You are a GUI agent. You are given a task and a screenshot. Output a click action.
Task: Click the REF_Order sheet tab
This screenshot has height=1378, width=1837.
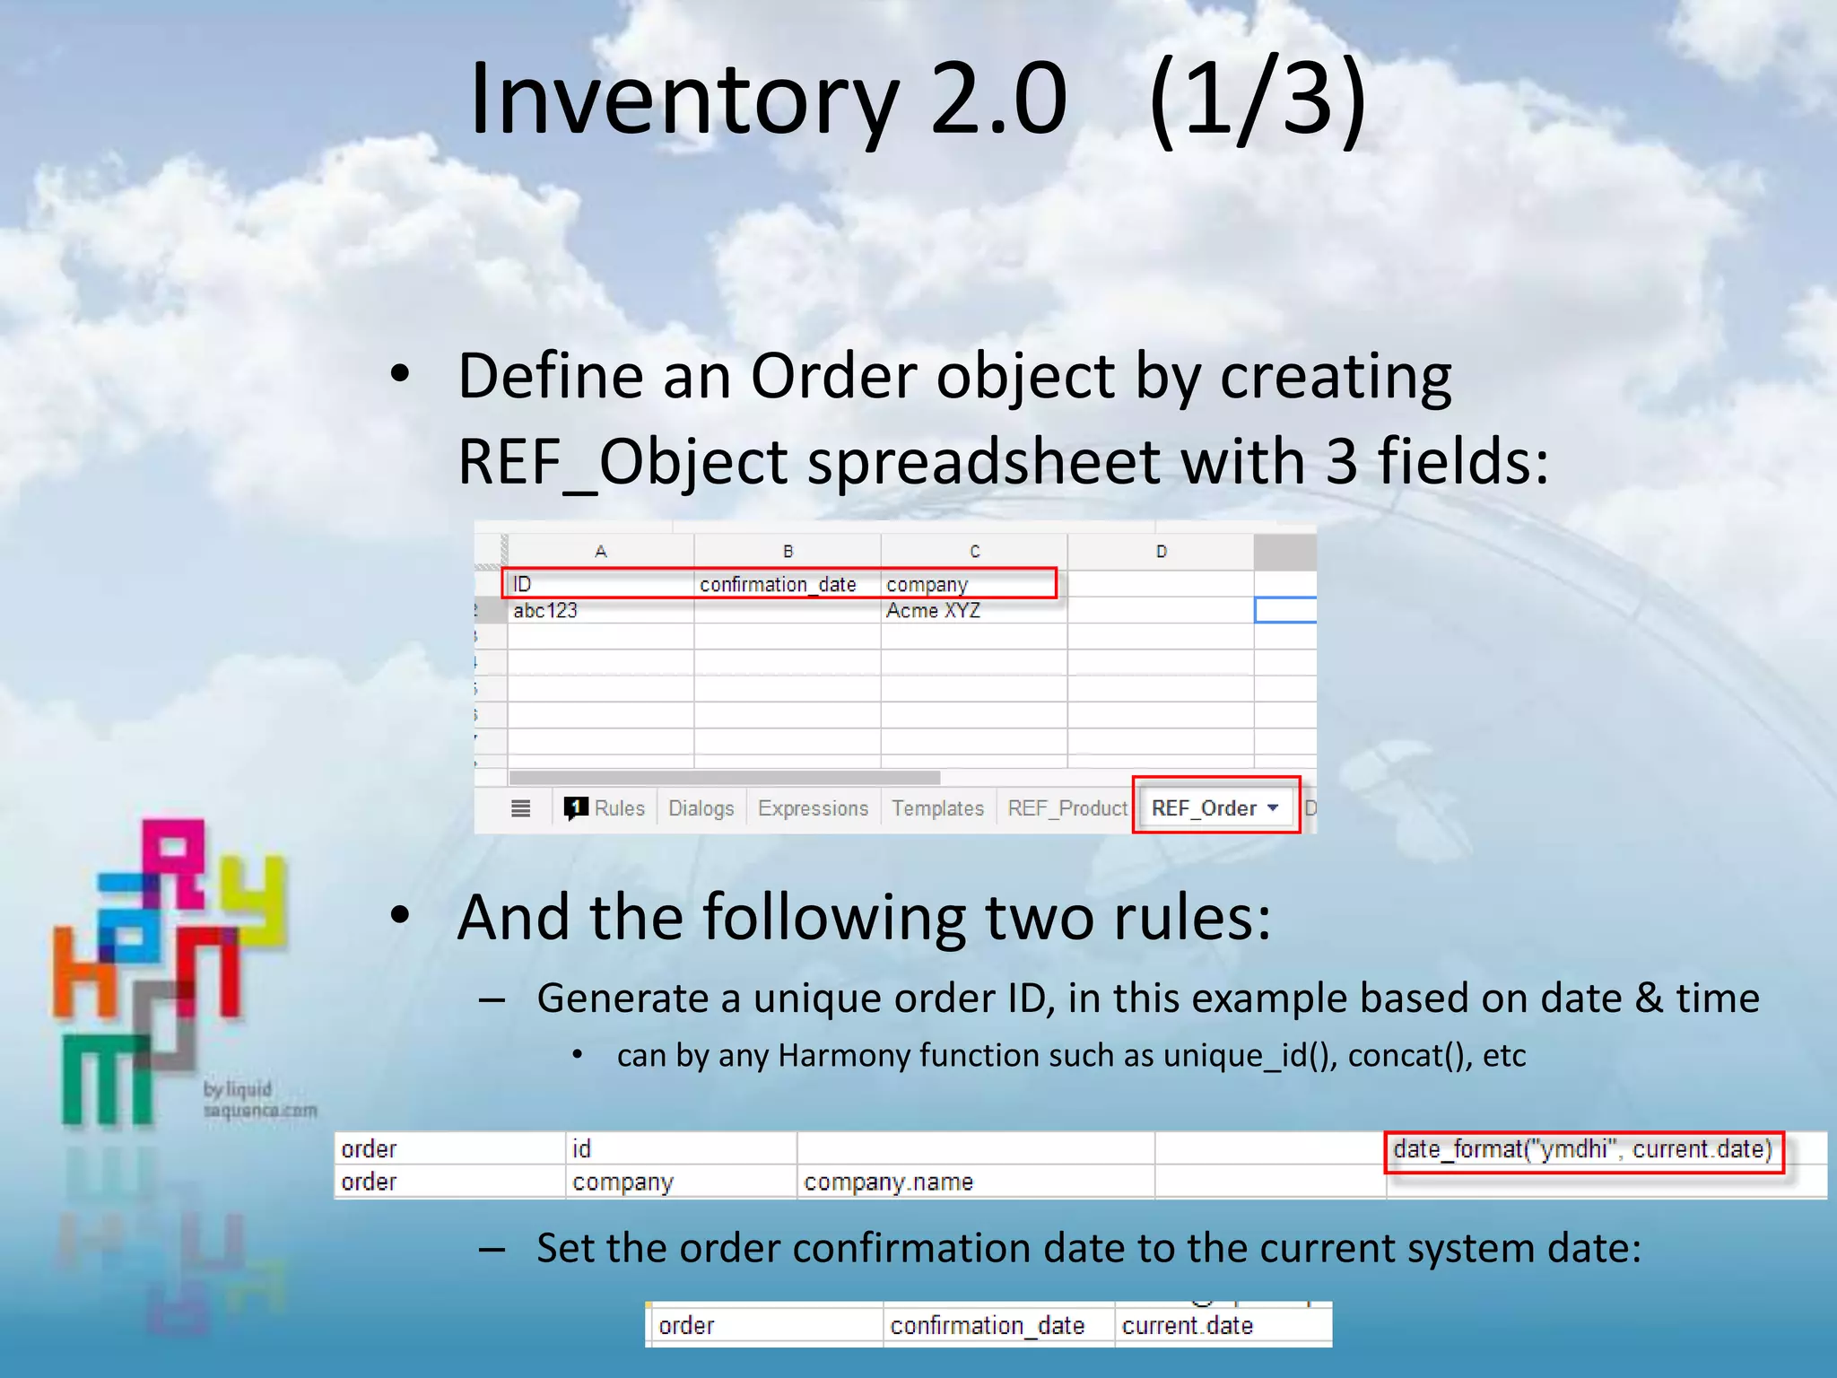[1204, 808]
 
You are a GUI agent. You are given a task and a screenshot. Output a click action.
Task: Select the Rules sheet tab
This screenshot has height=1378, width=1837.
[618, 808]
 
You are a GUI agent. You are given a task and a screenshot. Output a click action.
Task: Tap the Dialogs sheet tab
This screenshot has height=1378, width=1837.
[701, 808]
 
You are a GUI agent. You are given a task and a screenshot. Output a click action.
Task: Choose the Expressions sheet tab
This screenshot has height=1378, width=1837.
[813, 808]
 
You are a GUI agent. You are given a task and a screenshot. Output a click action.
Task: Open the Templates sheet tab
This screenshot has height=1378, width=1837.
[937, 808]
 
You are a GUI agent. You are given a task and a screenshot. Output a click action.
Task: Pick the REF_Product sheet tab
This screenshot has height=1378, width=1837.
[1067, 808]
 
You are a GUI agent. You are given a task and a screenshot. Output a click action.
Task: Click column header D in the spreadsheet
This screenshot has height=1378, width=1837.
[1161, 552]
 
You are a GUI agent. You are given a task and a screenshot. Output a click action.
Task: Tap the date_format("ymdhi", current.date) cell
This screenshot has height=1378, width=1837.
[1582, 1149]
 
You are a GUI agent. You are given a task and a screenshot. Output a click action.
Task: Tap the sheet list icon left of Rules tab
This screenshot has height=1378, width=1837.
[520, 808]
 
